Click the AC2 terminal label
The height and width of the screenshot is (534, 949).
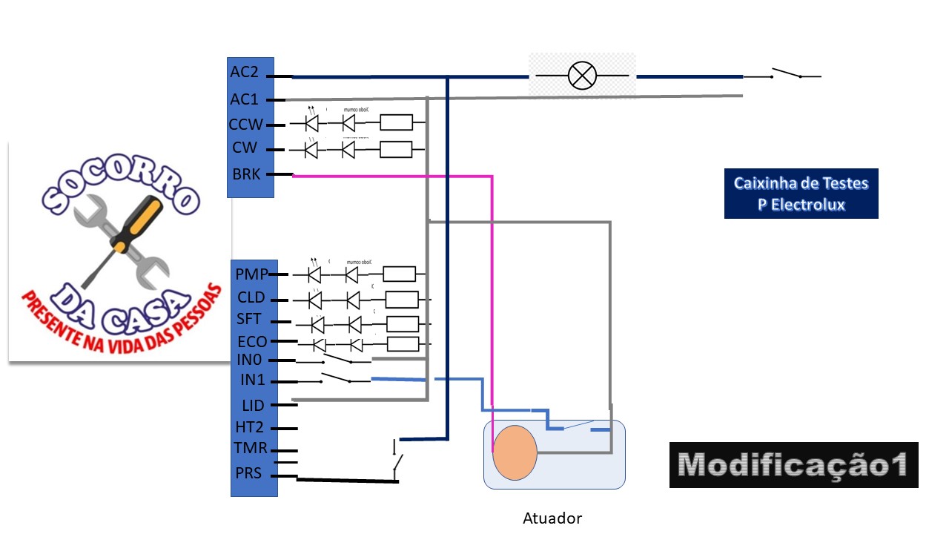point(244,73)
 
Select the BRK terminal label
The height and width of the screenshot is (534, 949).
point(246,175)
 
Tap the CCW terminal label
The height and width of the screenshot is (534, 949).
point(246,125)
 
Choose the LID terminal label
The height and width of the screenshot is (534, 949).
point(253,406)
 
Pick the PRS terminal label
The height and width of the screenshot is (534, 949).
point(248,472)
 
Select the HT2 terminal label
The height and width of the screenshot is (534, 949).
point(250,428)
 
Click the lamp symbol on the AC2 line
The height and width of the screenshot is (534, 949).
point(582,76)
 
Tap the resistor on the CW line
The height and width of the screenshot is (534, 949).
point(396,149)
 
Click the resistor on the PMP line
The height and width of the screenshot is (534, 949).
point(400,274)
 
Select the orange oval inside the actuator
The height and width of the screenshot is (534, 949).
point(515,452)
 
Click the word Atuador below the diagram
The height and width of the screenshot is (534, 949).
point(552,518)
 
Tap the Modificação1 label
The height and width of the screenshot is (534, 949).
point(793,465)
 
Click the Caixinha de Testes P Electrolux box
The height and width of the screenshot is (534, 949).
point(801,194)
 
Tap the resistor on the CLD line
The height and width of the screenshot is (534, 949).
point(402,300)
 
